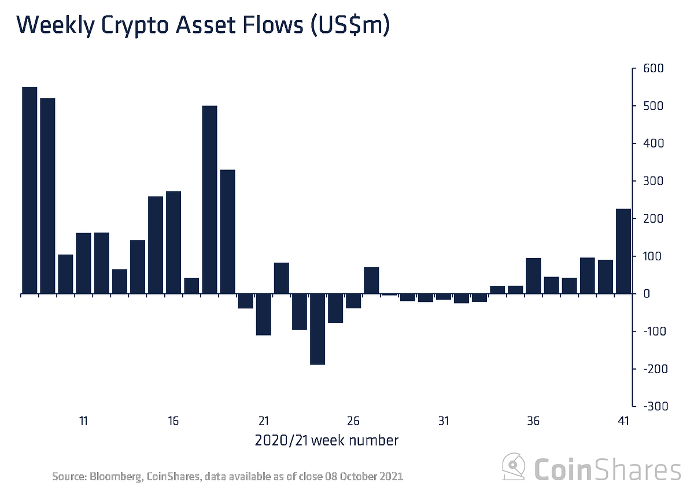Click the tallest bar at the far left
(x=29, y=190)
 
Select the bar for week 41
(x=623, y=251)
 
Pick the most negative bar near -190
(x=318, y=329)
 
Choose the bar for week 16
(x=173, y=242)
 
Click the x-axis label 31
(x=444, y=421)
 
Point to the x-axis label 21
(x=264, y=421)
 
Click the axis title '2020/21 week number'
(x=326, y=441)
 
